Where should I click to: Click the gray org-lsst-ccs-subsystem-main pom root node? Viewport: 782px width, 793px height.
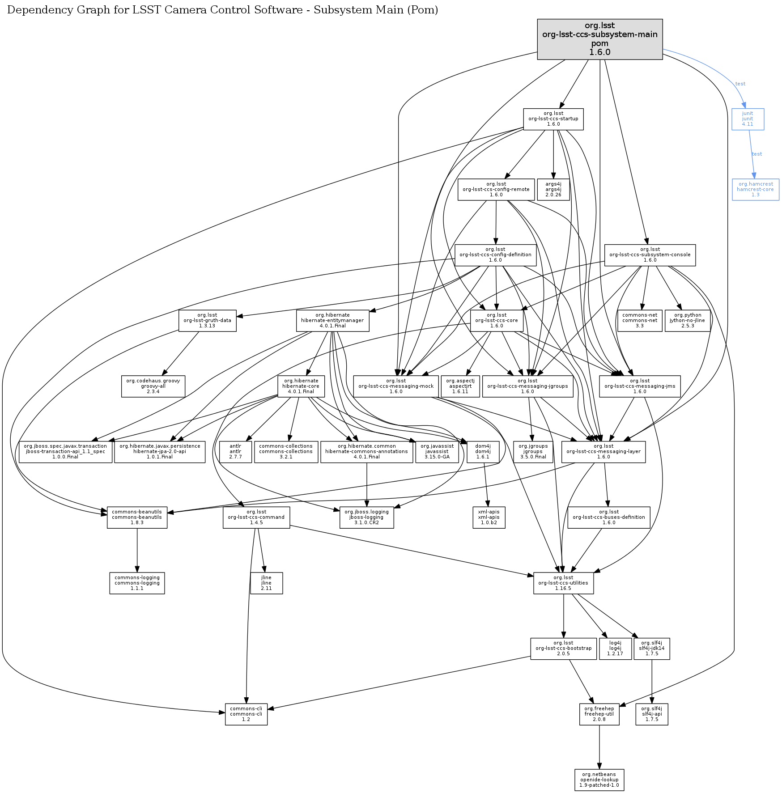click(599, 39)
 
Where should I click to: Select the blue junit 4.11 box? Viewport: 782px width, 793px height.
click(748, 119)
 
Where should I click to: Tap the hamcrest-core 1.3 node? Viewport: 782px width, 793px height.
click(755, 190)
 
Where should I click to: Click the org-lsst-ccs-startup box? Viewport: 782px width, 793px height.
click(553, 119)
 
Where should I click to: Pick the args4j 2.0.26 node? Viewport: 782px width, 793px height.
click(553, 190)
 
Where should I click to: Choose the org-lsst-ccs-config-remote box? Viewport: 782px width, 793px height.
click(496, 190)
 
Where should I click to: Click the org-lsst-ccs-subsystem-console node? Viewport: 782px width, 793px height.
click(650, 255)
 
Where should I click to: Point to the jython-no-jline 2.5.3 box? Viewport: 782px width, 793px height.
click(688, 321)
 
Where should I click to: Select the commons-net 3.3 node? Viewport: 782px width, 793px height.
click(640, 321)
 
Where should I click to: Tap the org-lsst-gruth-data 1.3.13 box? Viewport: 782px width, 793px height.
click(207, 321)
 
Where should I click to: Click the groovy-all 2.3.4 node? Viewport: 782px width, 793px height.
click(153, 386)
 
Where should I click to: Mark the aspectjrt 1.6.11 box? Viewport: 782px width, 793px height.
click(460, 386)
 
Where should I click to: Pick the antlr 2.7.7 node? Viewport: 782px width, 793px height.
click(235, 452)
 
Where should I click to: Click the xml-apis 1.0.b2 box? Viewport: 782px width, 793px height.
click(489, 517)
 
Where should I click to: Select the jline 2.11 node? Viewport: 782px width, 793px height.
click(266, 583)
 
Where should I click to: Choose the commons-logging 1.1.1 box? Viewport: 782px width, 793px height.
click(137, 583)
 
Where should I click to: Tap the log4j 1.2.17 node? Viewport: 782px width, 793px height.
click(615, 649)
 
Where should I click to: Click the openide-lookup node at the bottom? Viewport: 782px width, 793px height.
click(599, 780)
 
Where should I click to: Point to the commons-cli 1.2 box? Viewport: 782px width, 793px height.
click(246, 714)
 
